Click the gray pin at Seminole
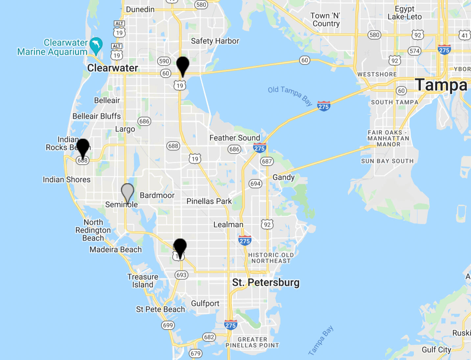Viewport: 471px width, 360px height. tap(128, 191)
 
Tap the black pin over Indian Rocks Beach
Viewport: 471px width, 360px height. tap(83, 147)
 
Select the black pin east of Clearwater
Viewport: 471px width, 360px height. tap(183, 65)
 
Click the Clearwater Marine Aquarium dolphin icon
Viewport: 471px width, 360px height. tap(96, 45)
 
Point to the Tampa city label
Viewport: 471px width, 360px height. tap(441, 85)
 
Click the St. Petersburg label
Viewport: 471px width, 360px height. tap(266, 282)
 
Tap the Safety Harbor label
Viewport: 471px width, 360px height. tap(215, 41)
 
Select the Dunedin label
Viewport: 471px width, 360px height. tap(140, 9)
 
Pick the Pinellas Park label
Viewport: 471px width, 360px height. tap(209, 201)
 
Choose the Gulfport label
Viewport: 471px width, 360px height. tap(205, 304)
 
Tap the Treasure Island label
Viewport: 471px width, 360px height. tap(143, 281)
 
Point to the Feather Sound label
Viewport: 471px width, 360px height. tap(235, 138)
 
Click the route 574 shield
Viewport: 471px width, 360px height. tap(414, 51)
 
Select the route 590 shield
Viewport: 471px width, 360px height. tap(164, 61)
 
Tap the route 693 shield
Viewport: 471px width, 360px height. tap(181, 275)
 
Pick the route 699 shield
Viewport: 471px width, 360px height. tap(168, 325)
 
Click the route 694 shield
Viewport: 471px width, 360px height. tap(255, 184)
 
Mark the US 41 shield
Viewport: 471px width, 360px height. tap(464, 35)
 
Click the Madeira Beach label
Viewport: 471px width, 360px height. tap(116, 250)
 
